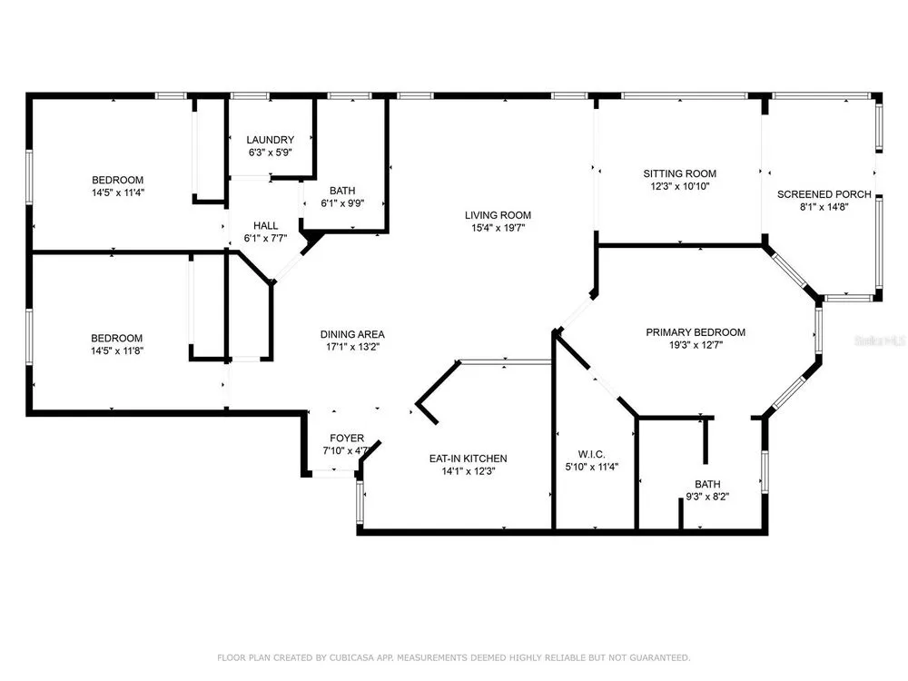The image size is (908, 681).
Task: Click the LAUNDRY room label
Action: point(270,140)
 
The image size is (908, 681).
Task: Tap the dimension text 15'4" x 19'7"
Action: point(498,228)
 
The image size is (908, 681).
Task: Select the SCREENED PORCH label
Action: point(824,194)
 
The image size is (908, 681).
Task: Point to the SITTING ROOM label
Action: point(680,173)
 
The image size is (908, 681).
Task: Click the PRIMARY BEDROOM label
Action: point(696,332)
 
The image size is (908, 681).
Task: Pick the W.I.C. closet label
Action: point(591,455)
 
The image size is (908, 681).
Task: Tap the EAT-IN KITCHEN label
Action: point(468,459)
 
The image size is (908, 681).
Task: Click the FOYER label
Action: point(347,439)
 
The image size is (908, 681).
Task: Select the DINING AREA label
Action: point(352,334)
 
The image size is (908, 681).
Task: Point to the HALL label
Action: point(266,226)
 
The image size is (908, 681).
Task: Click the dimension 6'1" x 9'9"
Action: point(342,203)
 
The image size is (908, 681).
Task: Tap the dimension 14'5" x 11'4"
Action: point(117,192)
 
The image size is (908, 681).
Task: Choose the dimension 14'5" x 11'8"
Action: point(117,350)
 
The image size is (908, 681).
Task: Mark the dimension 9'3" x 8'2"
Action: point(707,497)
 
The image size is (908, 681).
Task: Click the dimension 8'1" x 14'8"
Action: point(824,207)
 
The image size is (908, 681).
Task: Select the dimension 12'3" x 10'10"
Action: point(680,186)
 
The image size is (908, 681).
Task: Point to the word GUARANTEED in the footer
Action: point(660,657)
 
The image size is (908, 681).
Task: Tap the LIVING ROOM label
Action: point(498,215)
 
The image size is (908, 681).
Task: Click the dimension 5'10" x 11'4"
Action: point(592,467)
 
